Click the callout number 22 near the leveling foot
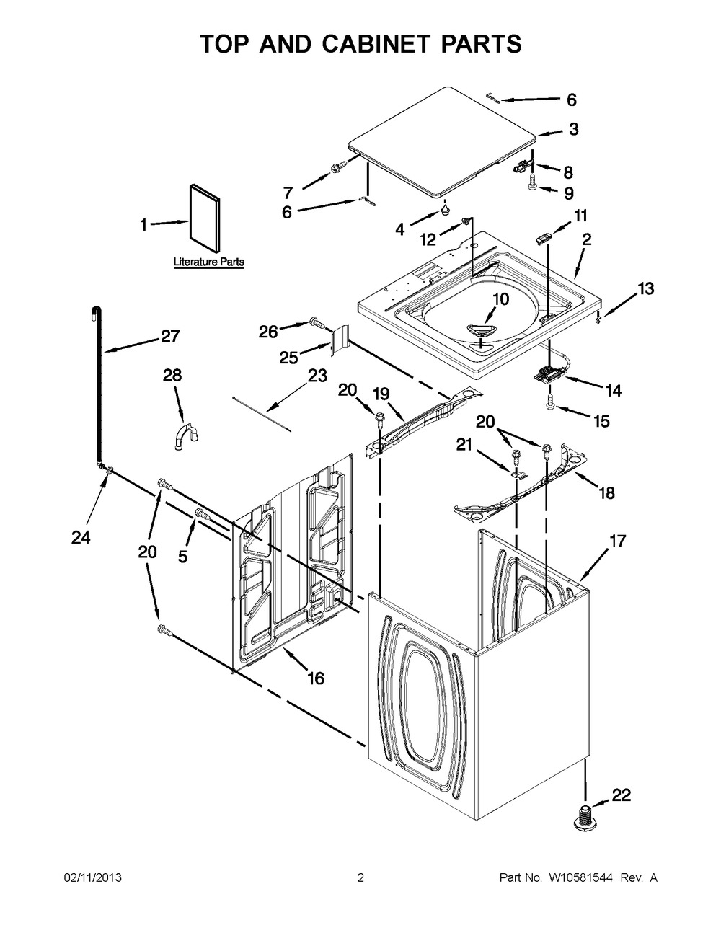click(621, 795)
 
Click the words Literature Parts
click(208, 262)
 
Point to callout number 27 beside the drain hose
click(170, 336)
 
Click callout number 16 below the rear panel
click(315, 678)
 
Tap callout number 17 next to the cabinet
click(617, 541)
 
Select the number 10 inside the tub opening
click(500, 299)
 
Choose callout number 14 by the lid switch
click(613, 391)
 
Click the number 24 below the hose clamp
click(81, 537)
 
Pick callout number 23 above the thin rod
click(317, 376)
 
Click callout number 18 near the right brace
click(606, 493)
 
